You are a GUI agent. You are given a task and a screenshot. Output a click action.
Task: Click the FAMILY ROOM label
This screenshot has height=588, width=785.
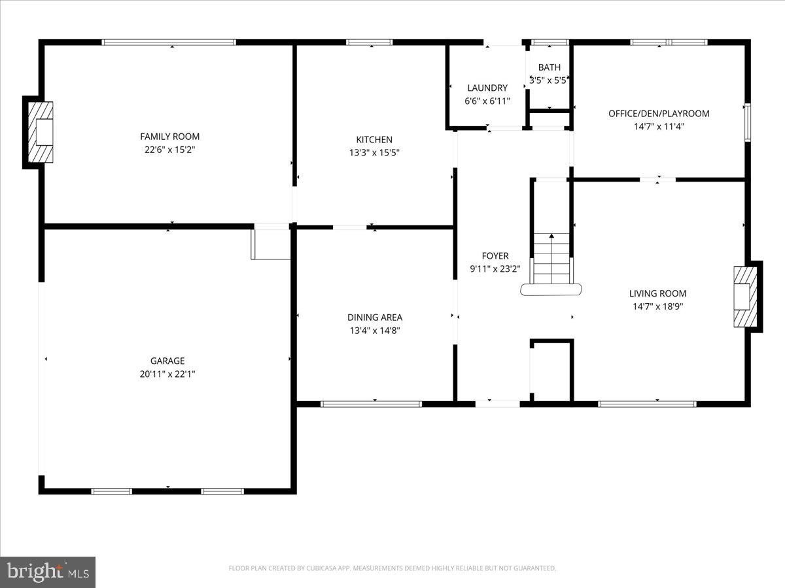(169, 137)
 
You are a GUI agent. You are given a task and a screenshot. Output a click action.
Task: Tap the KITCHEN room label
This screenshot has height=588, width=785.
(374, 140)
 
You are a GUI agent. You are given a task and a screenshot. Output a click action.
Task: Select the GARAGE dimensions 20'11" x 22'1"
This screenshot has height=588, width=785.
(167, 374)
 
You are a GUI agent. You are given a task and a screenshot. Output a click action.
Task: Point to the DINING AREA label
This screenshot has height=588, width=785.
(375, 318)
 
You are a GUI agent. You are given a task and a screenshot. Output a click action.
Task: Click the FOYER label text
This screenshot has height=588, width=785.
(494, 256)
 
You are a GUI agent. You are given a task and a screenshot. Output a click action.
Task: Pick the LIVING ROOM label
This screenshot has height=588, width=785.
(657, 294)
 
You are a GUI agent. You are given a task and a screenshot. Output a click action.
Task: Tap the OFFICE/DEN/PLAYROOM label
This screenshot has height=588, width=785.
(659, 114)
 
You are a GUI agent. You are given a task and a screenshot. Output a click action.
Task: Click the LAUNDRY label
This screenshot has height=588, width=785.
(487, 88)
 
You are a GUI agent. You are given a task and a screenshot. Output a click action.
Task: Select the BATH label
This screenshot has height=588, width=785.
(549, 67)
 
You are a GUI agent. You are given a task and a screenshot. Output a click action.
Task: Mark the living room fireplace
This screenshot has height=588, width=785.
(744, 297)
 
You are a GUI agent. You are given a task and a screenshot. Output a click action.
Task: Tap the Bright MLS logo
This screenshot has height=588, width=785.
(48, 572)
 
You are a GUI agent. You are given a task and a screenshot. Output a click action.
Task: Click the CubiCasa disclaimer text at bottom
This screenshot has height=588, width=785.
(392, 568)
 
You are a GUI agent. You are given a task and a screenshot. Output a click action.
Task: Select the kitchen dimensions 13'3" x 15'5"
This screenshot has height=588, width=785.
(374, 153)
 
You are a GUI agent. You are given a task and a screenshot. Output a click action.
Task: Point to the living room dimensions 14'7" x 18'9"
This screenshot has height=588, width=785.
(657, 306)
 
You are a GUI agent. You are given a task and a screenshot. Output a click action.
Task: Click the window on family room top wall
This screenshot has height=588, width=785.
(169, 42)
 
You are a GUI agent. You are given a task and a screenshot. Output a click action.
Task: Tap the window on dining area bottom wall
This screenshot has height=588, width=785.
(372, 404)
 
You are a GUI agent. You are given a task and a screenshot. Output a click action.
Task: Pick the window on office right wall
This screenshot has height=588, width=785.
(747, 122)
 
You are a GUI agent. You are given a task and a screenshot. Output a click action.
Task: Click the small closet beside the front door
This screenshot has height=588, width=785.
(552, 370)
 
